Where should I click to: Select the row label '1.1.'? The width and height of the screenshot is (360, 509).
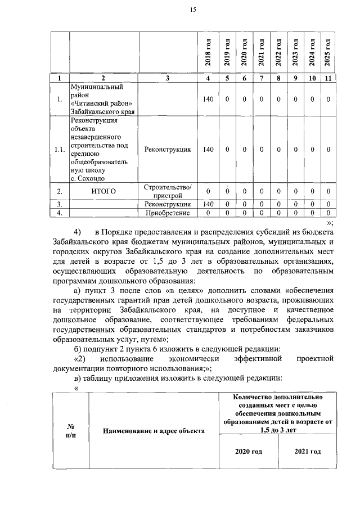click(x=59, y=150)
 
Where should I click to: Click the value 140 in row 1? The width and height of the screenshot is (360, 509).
click(x=208, y=100)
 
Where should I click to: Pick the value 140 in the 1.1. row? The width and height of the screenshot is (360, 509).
click(x=208, y=150)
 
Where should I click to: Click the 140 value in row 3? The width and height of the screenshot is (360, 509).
click(x=208, y=204)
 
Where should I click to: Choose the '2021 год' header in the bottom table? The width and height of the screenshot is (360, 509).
click(x=307, y=452)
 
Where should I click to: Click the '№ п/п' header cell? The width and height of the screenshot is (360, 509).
click(x=70, y=430)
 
